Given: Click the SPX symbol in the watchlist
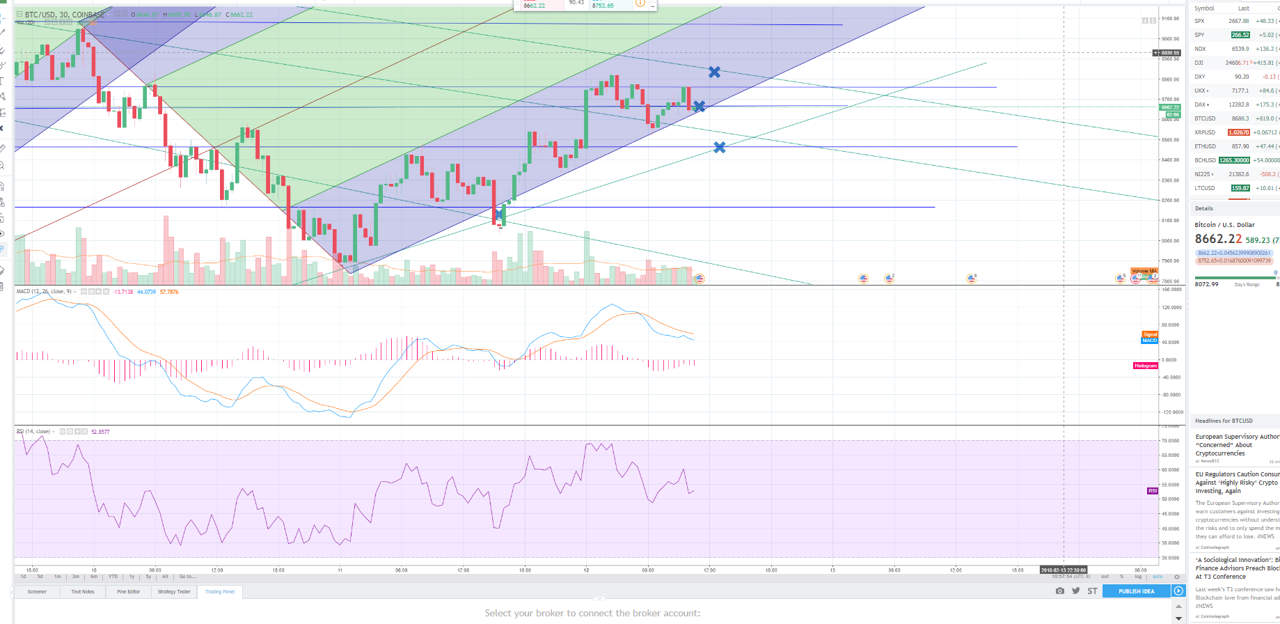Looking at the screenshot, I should point(1199,21).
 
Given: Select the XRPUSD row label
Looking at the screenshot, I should point(1205,132).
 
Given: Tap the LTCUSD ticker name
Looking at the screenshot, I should point(1205,188).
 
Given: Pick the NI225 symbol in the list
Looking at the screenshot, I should point(1203,174).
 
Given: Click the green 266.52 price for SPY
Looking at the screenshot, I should point(1240,35).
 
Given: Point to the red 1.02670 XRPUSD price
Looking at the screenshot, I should point(1238,132).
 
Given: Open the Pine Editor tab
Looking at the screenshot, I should point(129,592).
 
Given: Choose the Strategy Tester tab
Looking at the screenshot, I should point(174,592).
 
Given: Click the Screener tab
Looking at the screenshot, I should point(37,592).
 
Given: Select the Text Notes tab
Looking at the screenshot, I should point(83,592).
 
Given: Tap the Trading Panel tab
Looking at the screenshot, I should point(220,592).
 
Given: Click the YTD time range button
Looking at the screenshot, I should point(113,577).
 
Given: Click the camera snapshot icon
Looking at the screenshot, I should point(1059,591).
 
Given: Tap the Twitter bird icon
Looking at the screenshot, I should point(1076,591).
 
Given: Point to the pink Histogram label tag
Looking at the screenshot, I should point(1145,366).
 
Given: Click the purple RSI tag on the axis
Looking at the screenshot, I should point(1153,491).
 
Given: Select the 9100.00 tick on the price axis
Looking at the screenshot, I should point(1170,19).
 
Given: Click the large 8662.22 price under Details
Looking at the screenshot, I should point(1218,239).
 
